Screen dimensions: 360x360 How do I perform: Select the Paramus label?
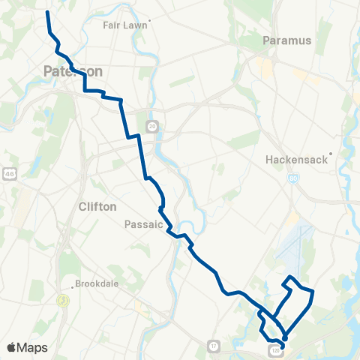[287, 40]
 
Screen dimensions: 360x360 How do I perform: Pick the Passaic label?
[143, 223]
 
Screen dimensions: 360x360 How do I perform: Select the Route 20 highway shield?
[151, 124]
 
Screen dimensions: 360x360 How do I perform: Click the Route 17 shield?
[214, 345]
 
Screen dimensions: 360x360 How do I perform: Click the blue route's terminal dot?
[283, 337]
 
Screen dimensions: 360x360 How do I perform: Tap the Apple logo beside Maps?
[11, 347]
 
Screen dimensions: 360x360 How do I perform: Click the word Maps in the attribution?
[32, 347]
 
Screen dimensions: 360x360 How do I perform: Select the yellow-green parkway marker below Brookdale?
[64, 300]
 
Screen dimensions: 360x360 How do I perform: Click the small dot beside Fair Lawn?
[150, 20]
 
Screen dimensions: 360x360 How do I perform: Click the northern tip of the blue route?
[48, 13]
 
